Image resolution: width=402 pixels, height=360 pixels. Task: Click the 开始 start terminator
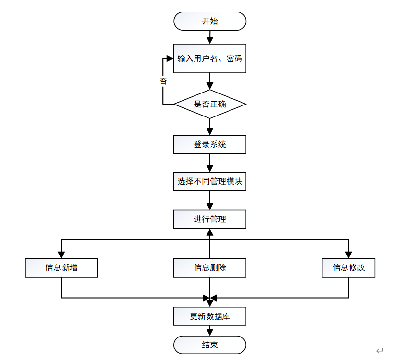210,21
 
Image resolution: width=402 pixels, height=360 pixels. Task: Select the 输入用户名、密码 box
210,58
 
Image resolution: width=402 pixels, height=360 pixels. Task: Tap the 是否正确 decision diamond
210,104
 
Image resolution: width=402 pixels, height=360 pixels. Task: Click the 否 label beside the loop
163,81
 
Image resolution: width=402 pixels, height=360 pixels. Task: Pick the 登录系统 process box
210,144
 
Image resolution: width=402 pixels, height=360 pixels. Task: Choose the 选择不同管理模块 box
210,182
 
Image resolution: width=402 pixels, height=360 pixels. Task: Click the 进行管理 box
210,220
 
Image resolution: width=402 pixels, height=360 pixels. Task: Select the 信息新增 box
61,267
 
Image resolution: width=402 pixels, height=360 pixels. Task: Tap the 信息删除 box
210,267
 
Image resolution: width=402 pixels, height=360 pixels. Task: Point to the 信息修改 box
348,267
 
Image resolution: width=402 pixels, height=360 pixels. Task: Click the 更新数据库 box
210,316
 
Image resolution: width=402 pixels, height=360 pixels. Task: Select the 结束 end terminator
210,345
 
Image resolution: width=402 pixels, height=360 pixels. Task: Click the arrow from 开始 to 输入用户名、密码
210,37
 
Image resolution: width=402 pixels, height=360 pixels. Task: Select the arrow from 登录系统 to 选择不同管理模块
210,165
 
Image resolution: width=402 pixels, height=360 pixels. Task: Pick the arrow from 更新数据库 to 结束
210,331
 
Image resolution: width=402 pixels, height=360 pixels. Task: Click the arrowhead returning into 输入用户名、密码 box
170,58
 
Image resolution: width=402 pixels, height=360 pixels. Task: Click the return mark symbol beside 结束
380,351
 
